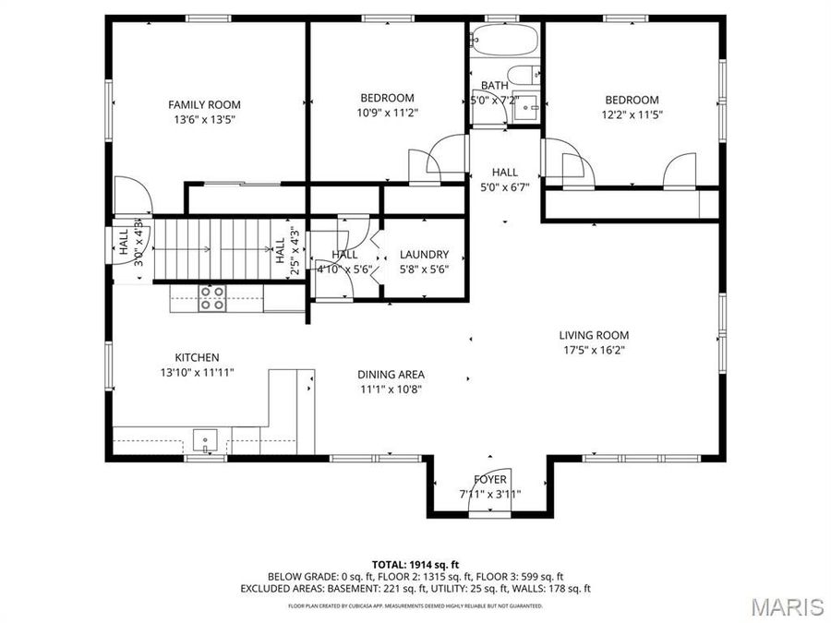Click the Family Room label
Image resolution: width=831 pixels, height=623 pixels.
tap(204, 104)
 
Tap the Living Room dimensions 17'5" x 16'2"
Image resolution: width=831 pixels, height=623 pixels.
tap(595, 351)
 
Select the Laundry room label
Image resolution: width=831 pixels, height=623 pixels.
tap(424, 255)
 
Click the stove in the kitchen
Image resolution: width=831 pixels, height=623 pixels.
tap(212, 299)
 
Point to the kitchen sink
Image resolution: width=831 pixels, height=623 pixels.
tap(205, 437)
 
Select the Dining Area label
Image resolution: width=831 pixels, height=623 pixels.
tap(391, 374)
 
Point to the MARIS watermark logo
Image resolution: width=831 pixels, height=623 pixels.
tap(787, 606)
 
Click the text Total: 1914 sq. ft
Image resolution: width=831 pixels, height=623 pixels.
tap(415, 563)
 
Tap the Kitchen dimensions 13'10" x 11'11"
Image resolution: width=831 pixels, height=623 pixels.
tap(197, 373)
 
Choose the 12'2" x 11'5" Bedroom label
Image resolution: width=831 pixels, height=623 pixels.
tap(632, 100)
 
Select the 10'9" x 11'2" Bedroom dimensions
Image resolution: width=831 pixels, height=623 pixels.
tap(387, 113)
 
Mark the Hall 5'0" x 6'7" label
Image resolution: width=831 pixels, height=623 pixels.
tap(504, 172)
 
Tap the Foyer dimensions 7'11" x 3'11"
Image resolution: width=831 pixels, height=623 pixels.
tap(489, 494)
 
